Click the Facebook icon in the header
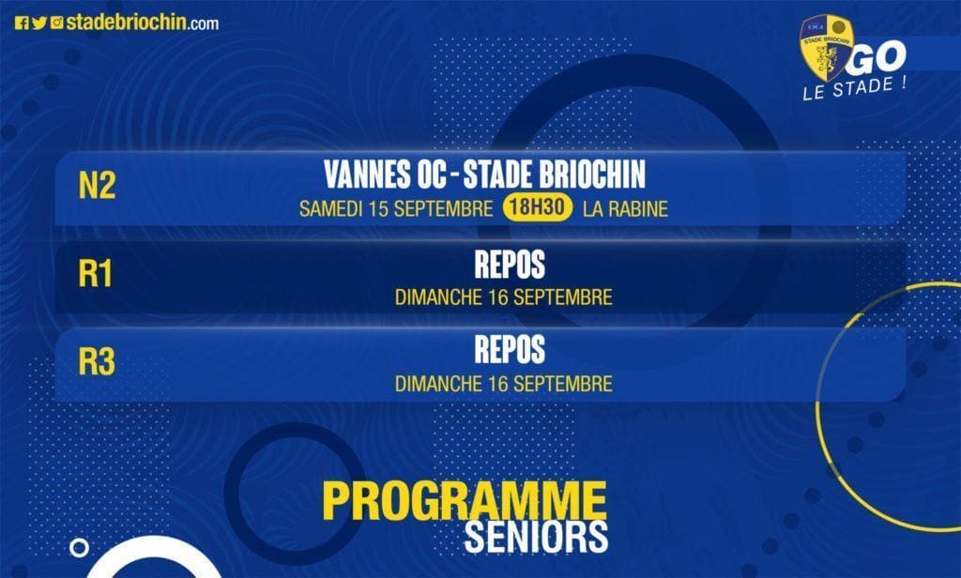coord(22,23)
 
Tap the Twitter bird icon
coord(39,23)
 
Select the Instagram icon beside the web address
coord(57,23)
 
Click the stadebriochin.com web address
coord(143,23)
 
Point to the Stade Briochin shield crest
coord(826,47)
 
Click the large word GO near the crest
coord(878,57)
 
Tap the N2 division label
coord(97,185)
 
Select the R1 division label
coord(96,273)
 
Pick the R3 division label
coord(97,361)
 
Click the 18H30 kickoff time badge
coord(538,207)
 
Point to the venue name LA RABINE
coord(625,209)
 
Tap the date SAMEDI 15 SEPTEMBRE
coord(396,209)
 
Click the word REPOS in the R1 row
coord(510,265)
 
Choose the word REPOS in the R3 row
coord(510,349)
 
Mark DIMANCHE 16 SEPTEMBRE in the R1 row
coord(503,297)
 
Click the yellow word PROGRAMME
coord(465,501)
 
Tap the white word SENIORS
coord(536,537)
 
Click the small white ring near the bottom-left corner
coord(79,540)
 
